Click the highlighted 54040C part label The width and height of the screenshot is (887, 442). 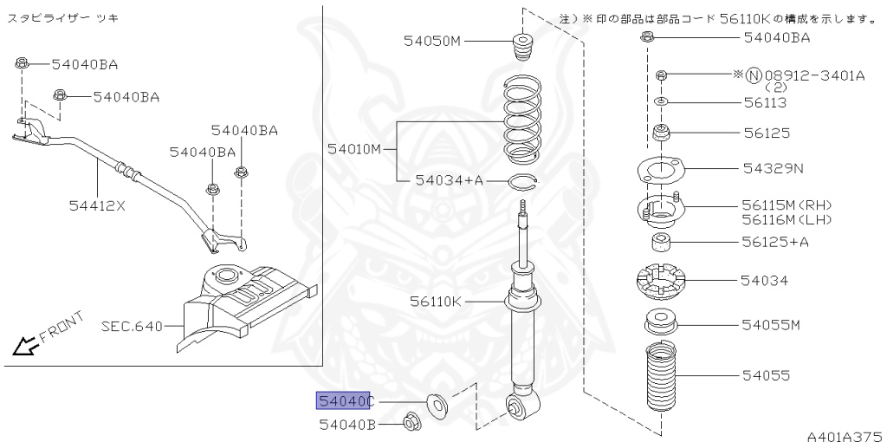click(x=344, y=400)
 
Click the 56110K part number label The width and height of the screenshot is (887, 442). click(x=437, y=301)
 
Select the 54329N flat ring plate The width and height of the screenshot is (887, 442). click(x=661, y=169)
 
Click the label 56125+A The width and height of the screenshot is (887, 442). click(x=774, y=241)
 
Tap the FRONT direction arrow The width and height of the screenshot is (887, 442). click(x=25, y=347)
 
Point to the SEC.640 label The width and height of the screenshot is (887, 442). click(x=132, y=327)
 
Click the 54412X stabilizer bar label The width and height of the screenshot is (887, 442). click(x=97, y=205)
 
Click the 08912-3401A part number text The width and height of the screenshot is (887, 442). click(x=813, y=75)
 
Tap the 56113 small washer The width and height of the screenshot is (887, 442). click(x=660, y=102)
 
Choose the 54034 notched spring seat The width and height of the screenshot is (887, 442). click(x=660, y=282)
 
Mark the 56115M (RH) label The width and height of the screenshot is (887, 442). click(x=786, y=205)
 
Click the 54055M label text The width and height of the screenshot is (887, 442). click(x=771, y=325)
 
